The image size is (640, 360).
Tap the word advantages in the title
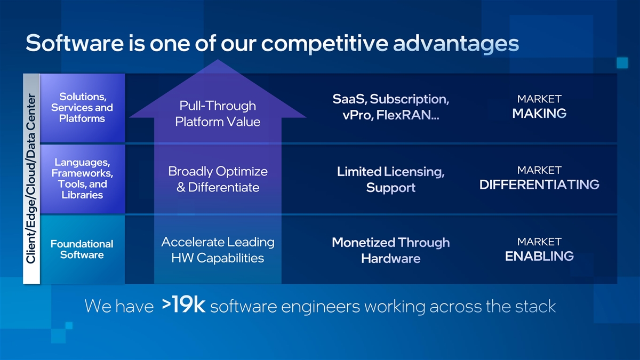tap(456, 44)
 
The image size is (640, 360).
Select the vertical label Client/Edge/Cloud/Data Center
tap(31, 178)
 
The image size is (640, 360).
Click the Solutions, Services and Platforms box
tap(82, 108)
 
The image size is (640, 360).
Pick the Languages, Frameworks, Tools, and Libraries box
tap(82, 178)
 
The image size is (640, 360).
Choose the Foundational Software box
tap(82, 249)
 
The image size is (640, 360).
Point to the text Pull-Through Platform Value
tap(218, 114)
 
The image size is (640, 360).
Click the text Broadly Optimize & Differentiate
tap(218, 179)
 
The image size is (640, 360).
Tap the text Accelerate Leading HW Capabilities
tap(218, 250)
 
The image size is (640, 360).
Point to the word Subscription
tap(409, 99)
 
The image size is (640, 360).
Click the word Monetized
tap(363, 243)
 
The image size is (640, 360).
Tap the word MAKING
tap(539, 114)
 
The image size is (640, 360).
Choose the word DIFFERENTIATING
tap(539, 185)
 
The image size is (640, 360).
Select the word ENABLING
tap(539, 256)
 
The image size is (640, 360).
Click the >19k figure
tap(183, 306)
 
